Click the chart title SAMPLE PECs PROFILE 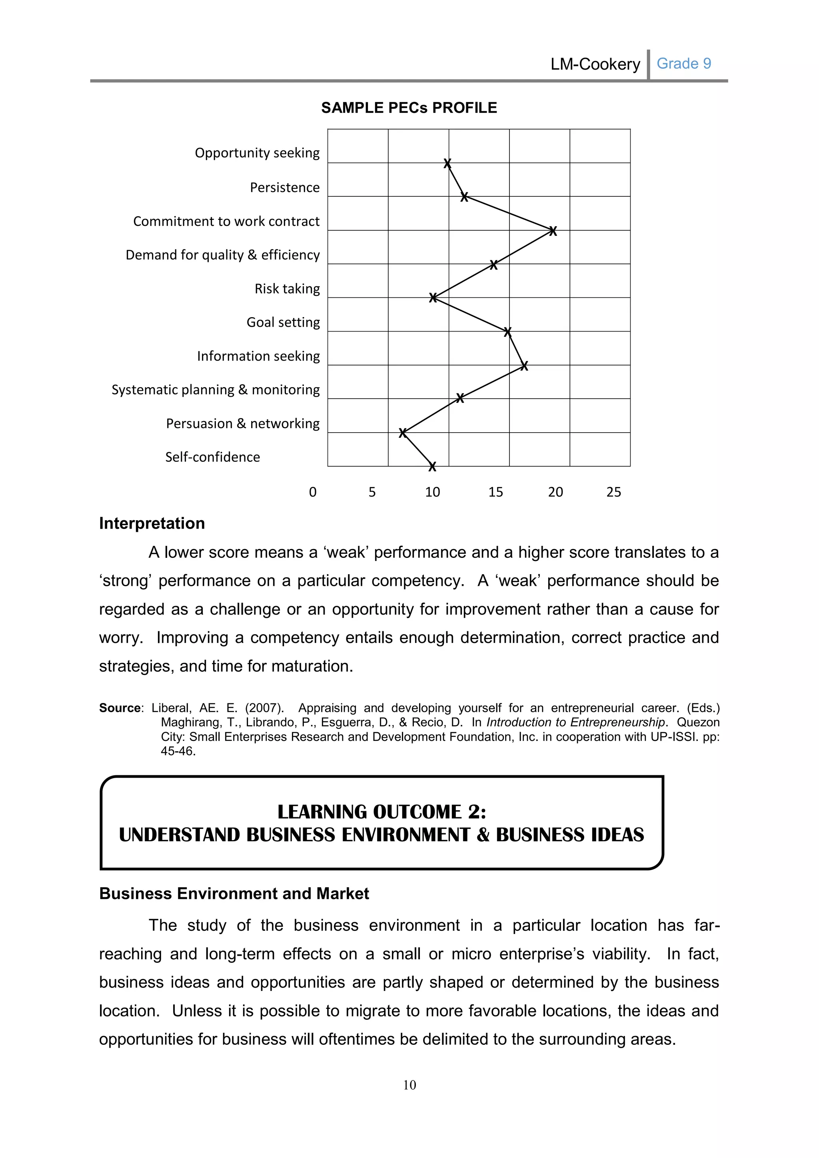tap(409, 108)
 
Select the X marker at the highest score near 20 tap(553, 231)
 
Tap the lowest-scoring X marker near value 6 tap(402, 433)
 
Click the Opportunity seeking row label tap(257, 153)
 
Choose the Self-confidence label tap(212, 457)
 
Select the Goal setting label tap(283, 322)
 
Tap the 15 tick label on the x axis tap(495, 492)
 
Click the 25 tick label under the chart tap(613, 492)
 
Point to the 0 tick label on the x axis tap(313, 492)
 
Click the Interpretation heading tap(152, 523)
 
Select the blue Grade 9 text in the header tap(683, 64)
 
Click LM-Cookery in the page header tap(595, 64)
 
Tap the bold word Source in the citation tap(120, 708)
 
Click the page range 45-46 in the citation tap(177, 751)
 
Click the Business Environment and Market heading tap(234, 894)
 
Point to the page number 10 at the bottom tap(409, 1085)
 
